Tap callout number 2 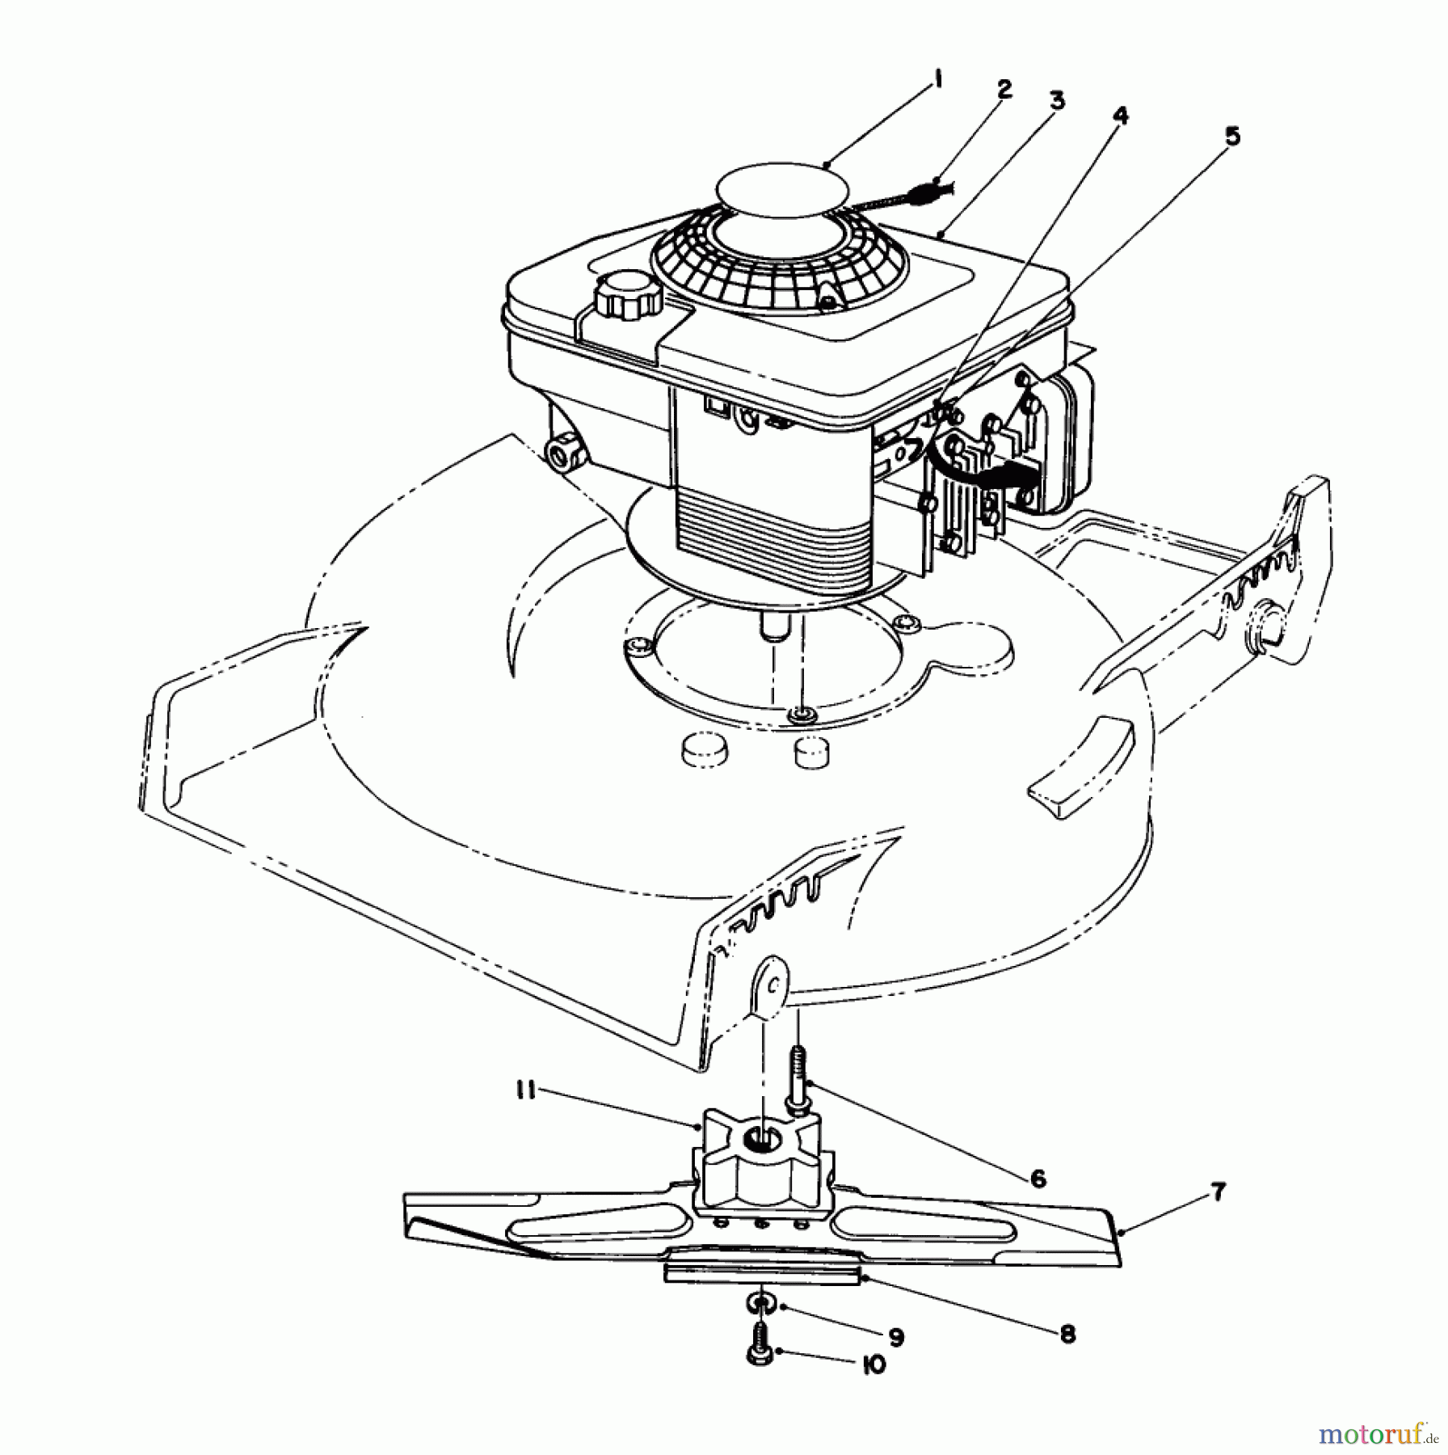[x=1004, y=89]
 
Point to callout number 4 [x=1118, y=117]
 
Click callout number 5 [x=1231, y=137]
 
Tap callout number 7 [x=1218, y=1192]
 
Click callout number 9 [x=894, y=1338]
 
